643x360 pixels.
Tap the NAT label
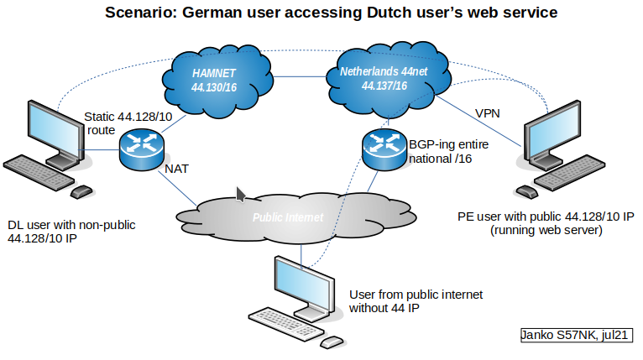[x=176, y=169]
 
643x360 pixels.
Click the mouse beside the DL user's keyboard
[x=81, y=192]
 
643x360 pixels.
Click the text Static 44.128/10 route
[x=125, y=123]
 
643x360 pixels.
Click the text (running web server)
[x=546, y=230]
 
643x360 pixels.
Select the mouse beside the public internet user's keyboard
[x=332, y=342]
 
